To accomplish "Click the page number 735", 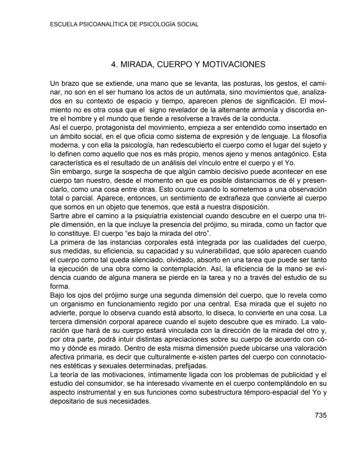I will pos(320,415).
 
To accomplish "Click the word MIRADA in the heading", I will pos(138,64).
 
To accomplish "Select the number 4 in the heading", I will pos(114,64).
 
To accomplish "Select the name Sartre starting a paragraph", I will pos(59,215).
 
